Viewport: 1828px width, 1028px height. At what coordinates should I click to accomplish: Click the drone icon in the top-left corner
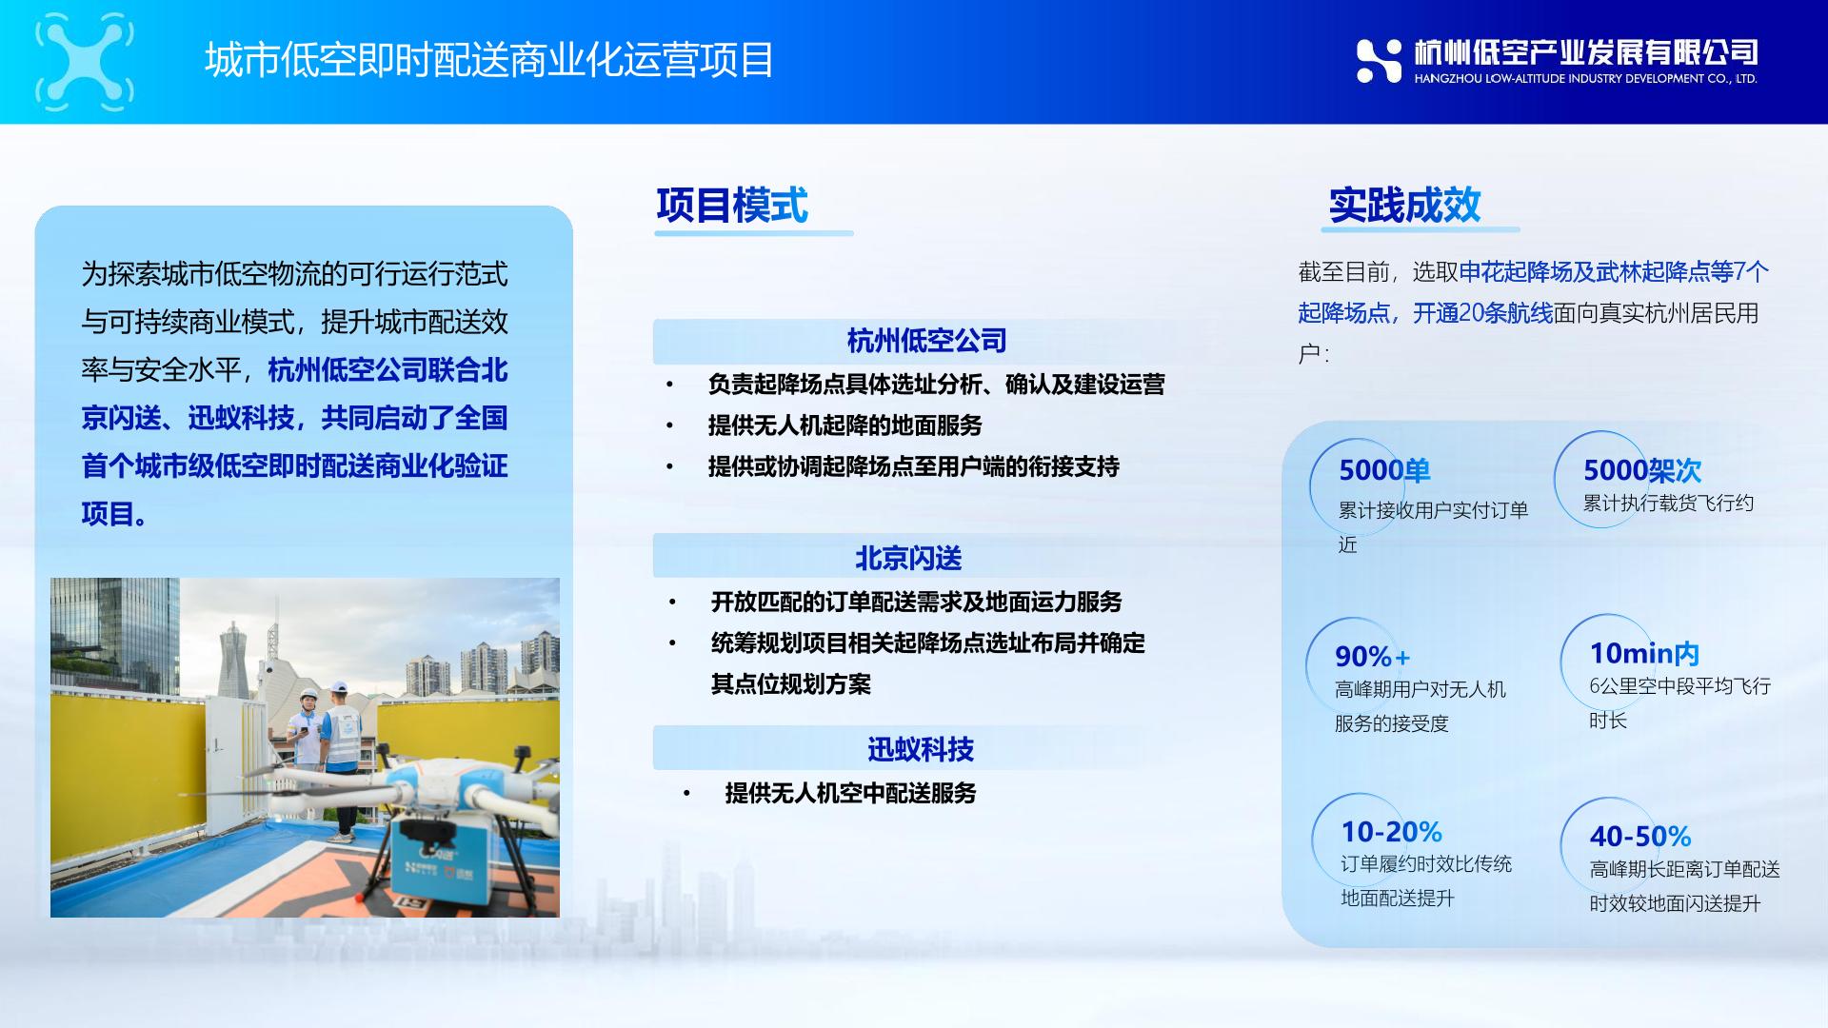pos(85,59)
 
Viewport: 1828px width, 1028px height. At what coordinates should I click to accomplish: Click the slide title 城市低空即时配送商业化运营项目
pos(489,60)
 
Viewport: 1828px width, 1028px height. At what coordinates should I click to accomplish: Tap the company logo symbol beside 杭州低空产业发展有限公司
pos(1379,61)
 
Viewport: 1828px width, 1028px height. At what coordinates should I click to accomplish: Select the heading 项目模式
pos(732,206)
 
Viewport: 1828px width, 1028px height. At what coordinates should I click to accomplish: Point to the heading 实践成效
pos(1405,205)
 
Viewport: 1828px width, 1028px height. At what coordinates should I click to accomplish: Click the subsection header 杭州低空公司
pos(926,341)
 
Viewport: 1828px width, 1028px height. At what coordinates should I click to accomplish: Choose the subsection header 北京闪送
pos(908,558)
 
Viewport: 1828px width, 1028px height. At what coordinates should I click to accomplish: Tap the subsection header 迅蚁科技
pos(921,749)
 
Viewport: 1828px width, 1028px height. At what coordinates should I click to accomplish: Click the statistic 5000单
pos(1384,470)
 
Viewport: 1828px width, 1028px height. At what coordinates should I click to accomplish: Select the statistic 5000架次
pos(1642,470)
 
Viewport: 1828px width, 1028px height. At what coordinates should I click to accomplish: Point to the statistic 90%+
pos(1372,656)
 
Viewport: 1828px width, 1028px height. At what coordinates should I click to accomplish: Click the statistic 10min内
pos(1644,653)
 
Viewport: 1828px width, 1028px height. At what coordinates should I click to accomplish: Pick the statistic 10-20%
pos(1391,832)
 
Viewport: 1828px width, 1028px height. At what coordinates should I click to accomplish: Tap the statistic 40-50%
pos(1640,837)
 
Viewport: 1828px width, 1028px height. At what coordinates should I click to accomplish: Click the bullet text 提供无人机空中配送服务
pos(850,793)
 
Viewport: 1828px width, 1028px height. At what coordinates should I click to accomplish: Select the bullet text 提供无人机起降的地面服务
pos(844,425)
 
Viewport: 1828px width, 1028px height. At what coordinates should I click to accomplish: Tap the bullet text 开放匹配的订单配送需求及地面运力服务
pos(916,602)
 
